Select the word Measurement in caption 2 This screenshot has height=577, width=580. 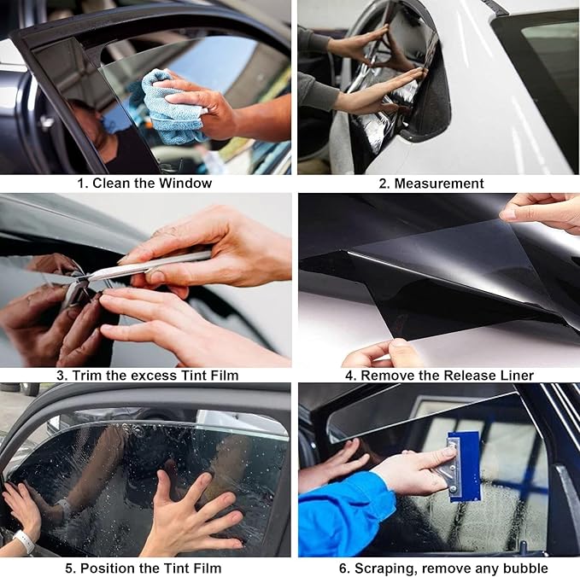pyautogui.click(x=439, y=183)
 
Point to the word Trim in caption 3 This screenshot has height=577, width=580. pyautogui.click(x=91, y=376)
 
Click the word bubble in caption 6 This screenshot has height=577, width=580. pyautogui.click(x=526, y=568)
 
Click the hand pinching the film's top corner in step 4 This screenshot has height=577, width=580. pyautogui.click(x=542, y=209)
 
